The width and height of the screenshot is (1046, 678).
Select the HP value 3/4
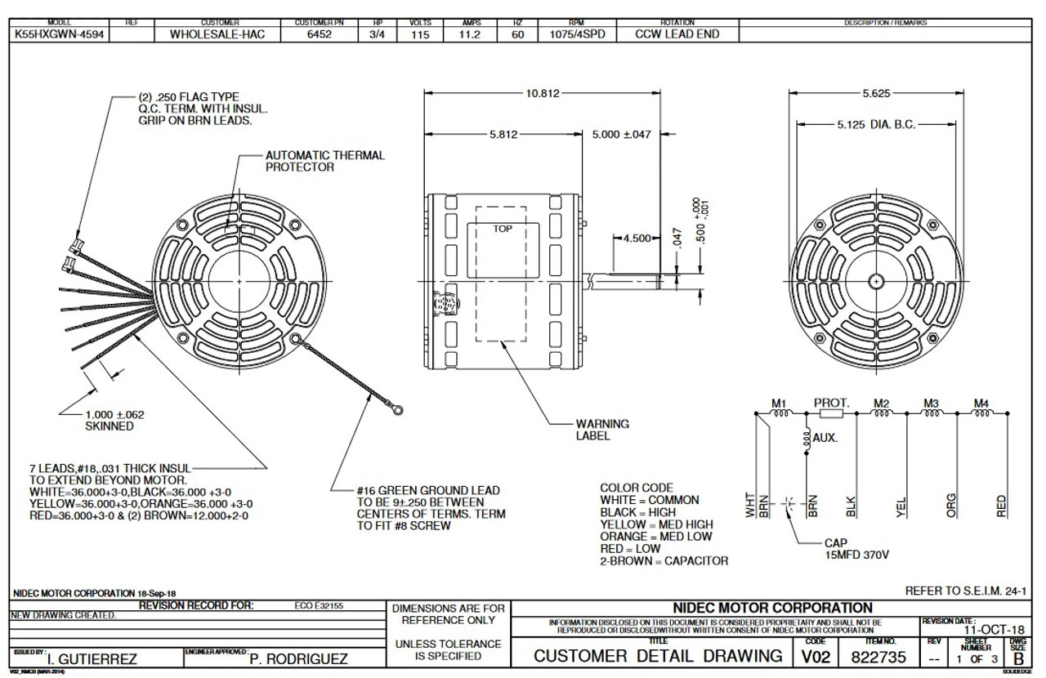tap(377, 35)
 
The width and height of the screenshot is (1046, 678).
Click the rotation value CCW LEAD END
tap(677, 35)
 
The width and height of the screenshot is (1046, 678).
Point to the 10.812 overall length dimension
tap(542, 94)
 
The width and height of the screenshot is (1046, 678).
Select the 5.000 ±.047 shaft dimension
tap(621, 135)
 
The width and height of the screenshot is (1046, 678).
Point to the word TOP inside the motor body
tap(503, 229)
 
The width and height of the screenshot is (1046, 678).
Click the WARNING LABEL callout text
tap(602, 430)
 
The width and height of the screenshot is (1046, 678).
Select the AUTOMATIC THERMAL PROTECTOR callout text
tap(324, 161)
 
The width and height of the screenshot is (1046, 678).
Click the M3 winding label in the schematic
tap(931, 403)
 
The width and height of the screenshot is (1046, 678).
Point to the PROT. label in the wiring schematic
tap(831, 403)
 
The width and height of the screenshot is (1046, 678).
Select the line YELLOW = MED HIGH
tap(656, 524)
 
